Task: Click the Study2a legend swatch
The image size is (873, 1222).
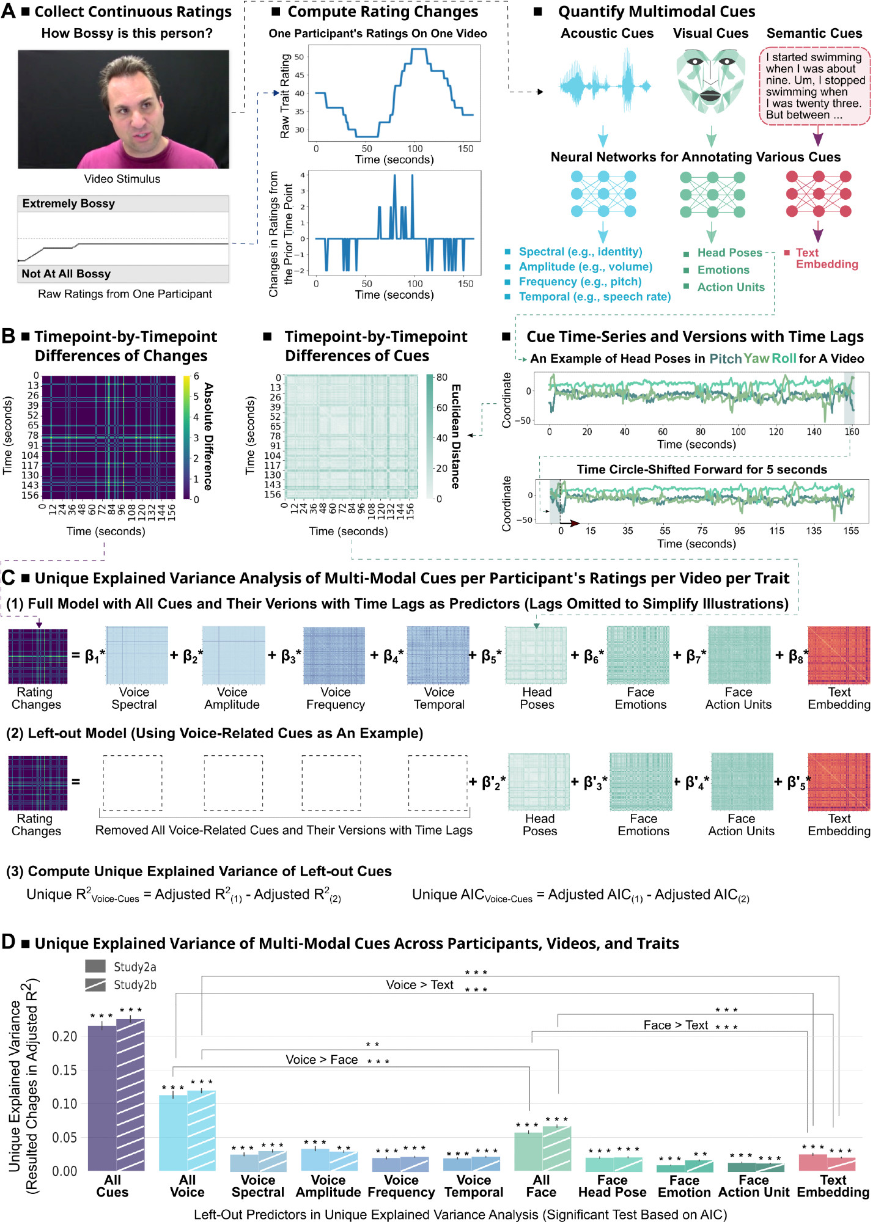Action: (x=95, y=966)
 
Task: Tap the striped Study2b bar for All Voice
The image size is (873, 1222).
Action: (x=201, y=1130)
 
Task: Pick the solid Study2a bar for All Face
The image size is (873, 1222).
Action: (x=528, y=1151)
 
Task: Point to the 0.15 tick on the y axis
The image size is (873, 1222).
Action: (x=64, y=1070)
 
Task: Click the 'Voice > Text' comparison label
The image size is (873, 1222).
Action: (x=419, y=985)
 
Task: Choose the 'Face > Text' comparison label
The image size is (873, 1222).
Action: (x=676, y=1025)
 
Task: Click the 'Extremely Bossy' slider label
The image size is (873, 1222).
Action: (x=68, y=203)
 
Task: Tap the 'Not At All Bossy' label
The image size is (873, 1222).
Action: (x=66, y=274)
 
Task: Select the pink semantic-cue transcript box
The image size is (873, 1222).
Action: (x=814, y=86)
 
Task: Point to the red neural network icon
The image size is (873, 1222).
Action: (x=818, y=194)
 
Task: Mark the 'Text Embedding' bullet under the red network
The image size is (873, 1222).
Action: (x=826, y=258)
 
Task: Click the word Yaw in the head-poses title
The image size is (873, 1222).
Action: (x=756, y=359)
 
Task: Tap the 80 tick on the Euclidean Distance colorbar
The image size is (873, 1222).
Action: (x=441, y=378)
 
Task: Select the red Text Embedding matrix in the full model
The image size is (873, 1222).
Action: (x=839, y=655)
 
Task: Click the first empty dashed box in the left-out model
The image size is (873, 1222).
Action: (x=133, y=783)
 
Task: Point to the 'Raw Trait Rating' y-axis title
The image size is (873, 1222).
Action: (x=285, y=95)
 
